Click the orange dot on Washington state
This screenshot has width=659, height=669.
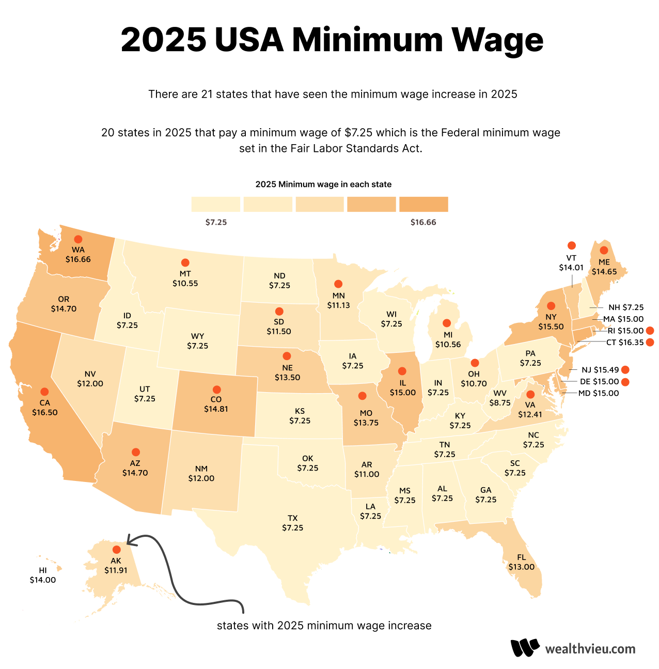click(x=78, y=239)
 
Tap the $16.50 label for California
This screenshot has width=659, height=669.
click(x=45, y=413)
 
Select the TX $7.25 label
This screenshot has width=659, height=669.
click(x=292, y=523)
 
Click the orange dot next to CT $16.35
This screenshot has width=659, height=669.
click(x=650, y=343)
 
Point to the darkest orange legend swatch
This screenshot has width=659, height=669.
click(x=423, y=204)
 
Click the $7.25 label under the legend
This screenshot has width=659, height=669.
click(x=216, y=223)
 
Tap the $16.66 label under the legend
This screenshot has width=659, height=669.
click(x=423, y=223)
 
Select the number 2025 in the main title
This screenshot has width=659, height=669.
click(x=164, y=40)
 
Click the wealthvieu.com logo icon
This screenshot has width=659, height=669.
click(x=525, y=648)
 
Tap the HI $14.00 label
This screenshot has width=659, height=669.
click(x=42, y=575)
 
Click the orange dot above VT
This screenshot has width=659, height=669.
click(x=571, y=245)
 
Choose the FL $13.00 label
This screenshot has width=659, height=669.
click(x=521, y=562)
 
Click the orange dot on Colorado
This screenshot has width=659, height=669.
click(x=216, y=390)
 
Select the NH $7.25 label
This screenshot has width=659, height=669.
click(x=626, y=307)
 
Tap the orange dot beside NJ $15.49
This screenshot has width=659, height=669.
click(x=625, y=369)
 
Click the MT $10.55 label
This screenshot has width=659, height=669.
click(x=185, y=278)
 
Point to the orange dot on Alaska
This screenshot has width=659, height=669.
click(x=116, y=550)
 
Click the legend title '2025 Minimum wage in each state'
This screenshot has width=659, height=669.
click(x=323, y=184)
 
